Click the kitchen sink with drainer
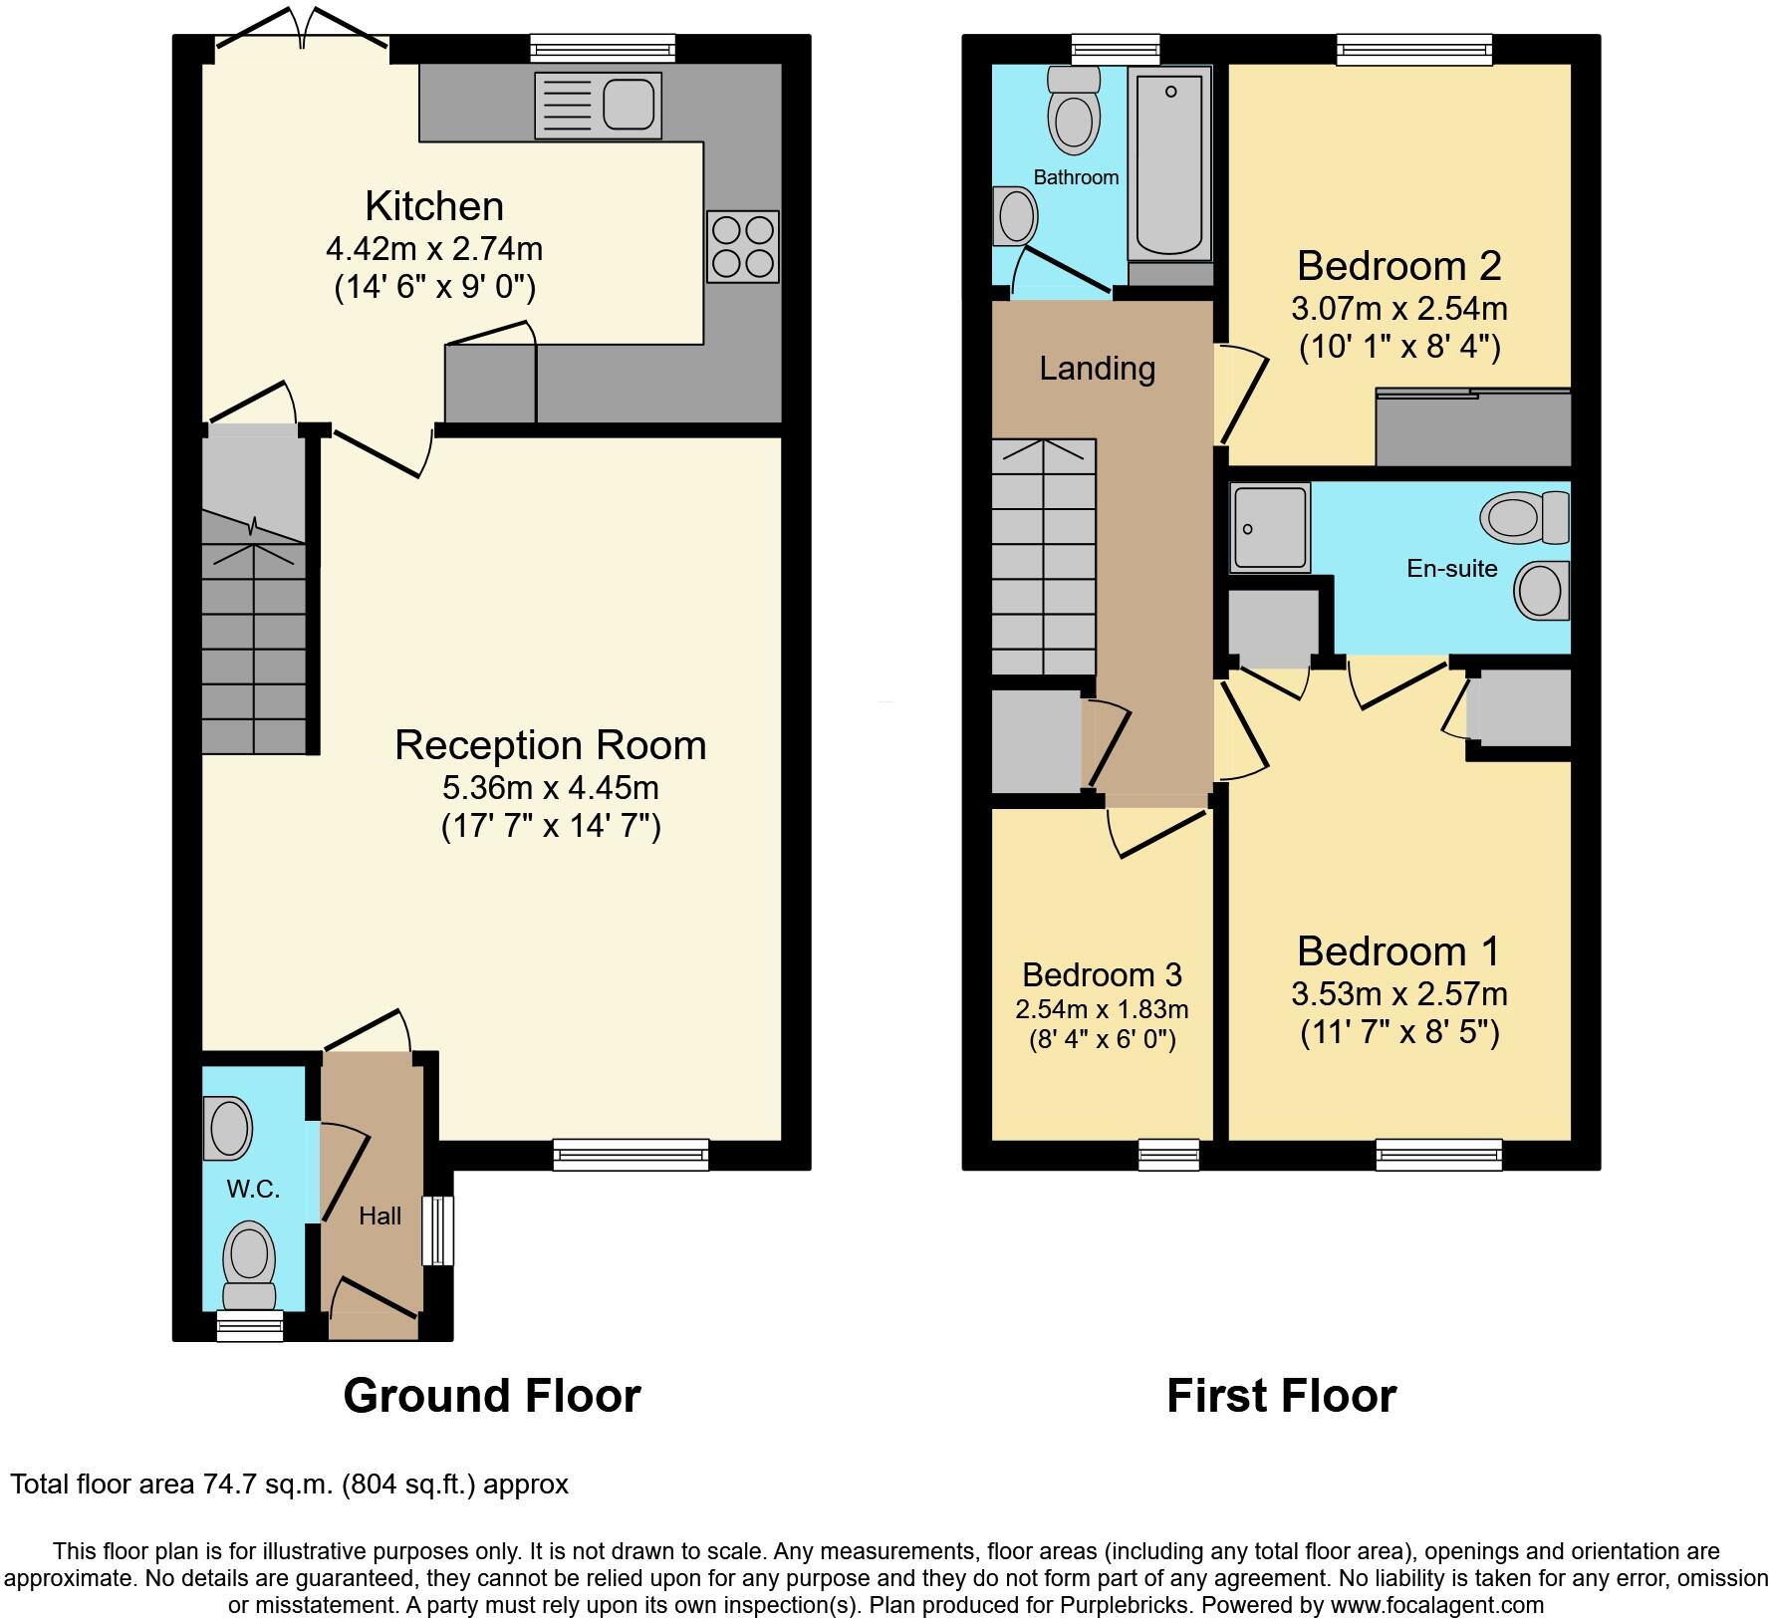(598, 105)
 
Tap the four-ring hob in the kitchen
(742, 246)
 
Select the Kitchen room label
(434, 206)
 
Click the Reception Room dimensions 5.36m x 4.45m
(551, 788)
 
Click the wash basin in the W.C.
(228, 1128)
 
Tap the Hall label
(379, 1215)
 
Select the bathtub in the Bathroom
(1169, 164)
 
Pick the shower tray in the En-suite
(1270, 528)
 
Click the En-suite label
(1451, 569)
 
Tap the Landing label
(1097, 369)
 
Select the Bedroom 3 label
(1102, 973)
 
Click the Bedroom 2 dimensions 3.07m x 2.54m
(1398, 309)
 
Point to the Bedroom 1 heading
(1397, 951)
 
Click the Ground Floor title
(492, 1396)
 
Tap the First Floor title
(1281, 1396)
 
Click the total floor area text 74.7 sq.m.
(289, 1484)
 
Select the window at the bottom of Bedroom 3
(1168, 1155)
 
